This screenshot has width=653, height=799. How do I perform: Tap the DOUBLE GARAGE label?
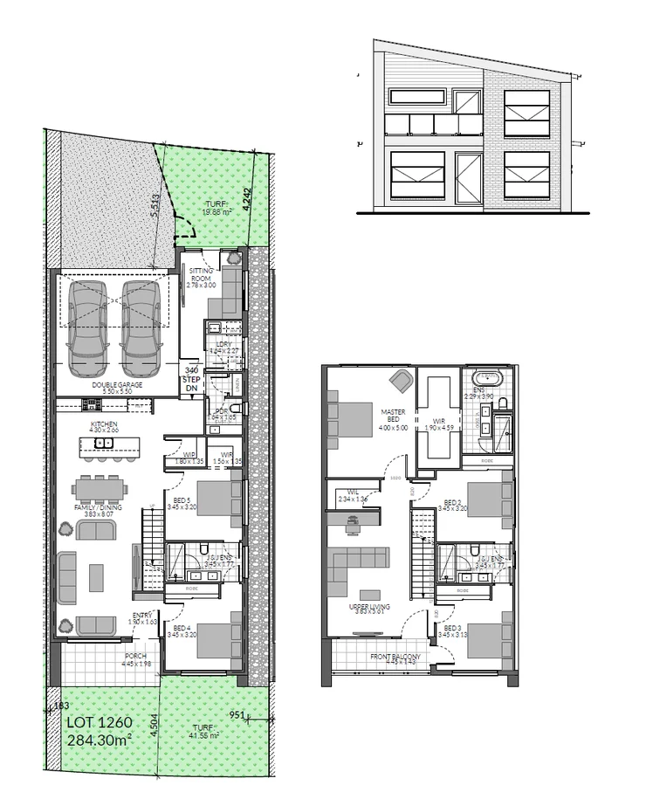116,384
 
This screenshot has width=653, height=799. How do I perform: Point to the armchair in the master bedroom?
402,380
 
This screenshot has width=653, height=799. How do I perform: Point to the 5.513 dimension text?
155,204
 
